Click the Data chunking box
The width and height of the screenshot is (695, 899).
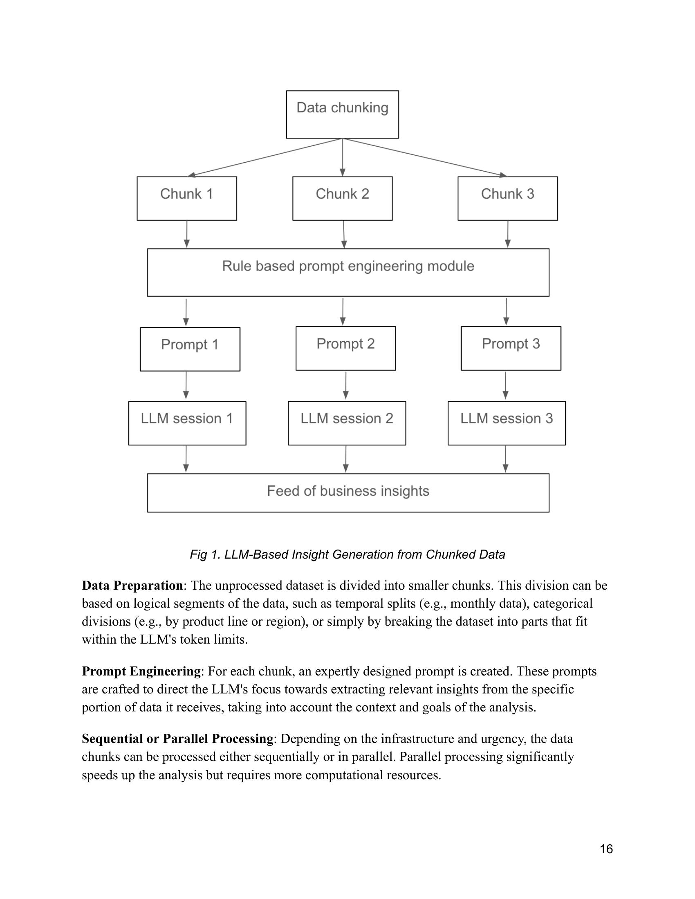click(342, 114)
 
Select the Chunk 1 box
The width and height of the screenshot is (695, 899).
click(186, 199)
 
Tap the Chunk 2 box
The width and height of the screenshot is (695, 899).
click(342, 199)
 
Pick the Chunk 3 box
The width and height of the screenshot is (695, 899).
click(507, 199)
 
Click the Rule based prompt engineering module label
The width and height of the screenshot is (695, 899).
click(348, 266)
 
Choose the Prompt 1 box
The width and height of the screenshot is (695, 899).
click(190, 349)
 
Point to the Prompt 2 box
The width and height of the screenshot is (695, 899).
click(345, 348)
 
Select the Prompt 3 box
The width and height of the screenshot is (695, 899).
click(511, 348)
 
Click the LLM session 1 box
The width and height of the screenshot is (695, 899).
click(187, 423)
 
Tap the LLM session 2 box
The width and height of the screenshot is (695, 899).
click(347, 423)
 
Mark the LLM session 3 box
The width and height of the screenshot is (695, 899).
click(507, 423)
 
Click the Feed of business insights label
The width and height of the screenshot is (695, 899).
click(348, 491)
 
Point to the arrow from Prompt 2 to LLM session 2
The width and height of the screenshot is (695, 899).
click(346, 385)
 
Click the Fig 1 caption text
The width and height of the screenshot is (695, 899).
click(347, 555)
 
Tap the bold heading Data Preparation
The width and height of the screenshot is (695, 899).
click(132, 585)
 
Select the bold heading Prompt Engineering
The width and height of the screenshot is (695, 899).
click(141, 671)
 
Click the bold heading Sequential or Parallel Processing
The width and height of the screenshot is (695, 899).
click(177, 738)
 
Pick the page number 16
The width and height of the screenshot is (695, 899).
click(606, 849)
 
